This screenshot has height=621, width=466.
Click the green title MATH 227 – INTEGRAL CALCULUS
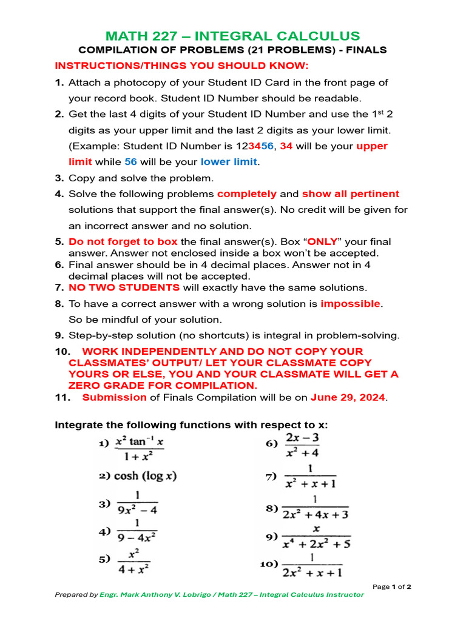point(233,36)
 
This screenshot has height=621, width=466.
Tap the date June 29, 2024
point(348,398)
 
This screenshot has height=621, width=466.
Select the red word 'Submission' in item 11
point(114,398)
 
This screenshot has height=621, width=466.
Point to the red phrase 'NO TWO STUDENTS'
point(124,287)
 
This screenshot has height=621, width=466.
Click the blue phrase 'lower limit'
point(229,162)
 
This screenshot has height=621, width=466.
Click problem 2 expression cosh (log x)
point(145,476)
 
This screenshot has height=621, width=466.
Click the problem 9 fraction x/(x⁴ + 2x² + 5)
point(316,537)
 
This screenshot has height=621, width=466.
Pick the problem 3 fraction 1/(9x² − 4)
point(137,503)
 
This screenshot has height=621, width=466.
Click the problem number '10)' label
point(269,564)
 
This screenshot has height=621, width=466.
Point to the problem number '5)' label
point(104,560)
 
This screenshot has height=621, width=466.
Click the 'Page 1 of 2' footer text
point(392,586)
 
